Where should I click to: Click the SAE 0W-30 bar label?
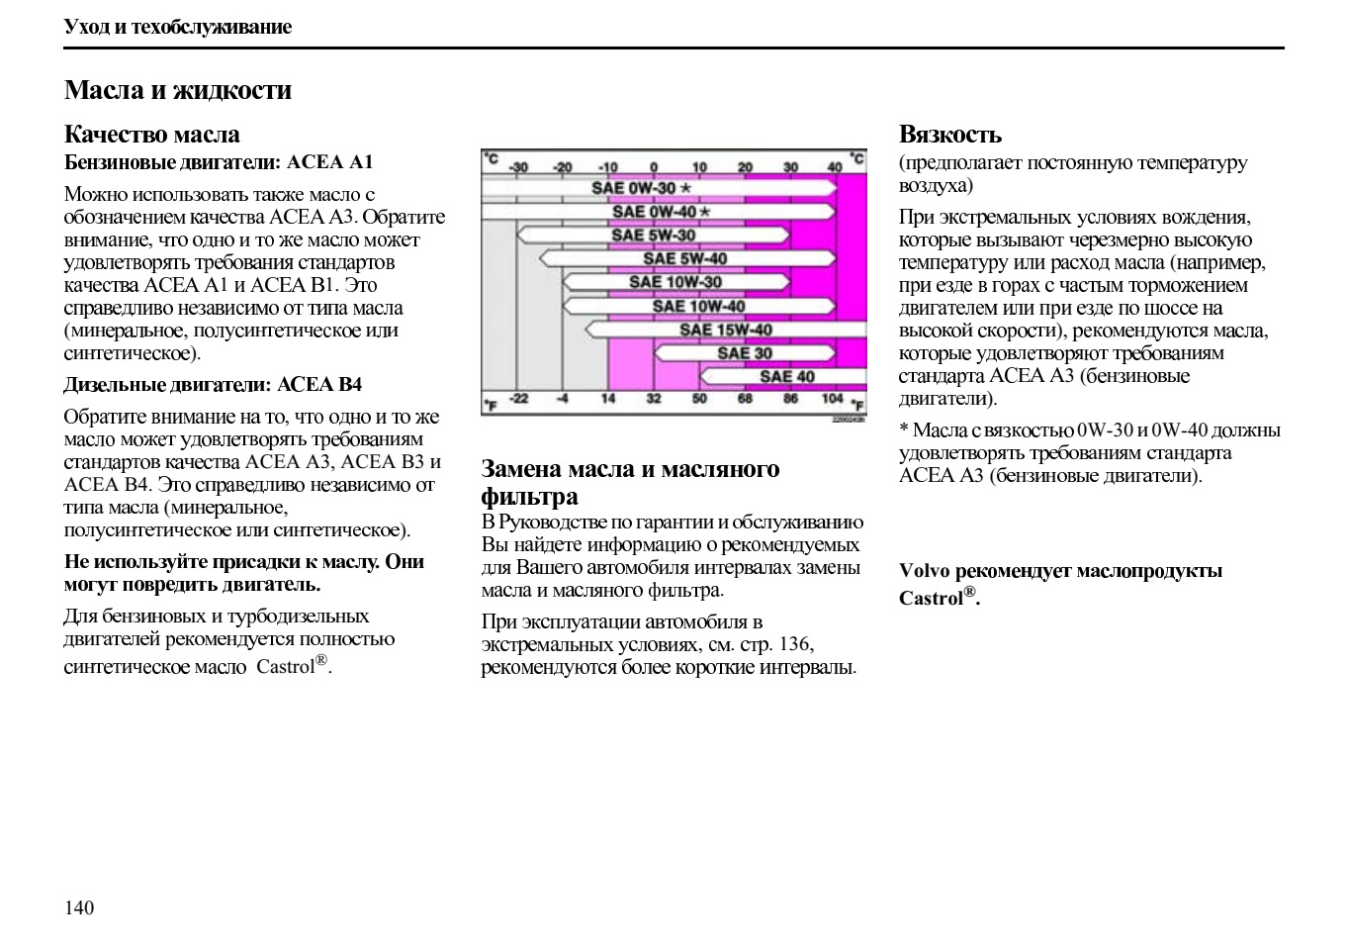click(634, 188)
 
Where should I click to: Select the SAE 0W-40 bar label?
click(654, 212)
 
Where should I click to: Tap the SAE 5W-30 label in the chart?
click(653, 236)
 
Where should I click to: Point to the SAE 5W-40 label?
click(684, 259)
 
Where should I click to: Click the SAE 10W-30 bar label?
click(675, 282)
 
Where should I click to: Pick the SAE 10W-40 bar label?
click(698, 306)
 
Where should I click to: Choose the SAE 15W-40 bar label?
click(725, 330)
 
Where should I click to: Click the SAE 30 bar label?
click(745, 353)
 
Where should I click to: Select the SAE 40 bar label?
click(786, 377)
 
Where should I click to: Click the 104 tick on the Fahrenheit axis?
click(832, 399)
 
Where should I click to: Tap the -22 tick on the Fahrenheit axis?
click(518, 399)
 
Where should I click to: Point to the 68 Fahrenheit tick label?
click(745, 399)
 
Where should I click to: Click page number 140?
click(79, 907)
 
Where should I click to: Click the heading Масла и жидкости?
click(178, 90)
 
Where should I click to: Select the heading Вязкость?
click(949, 135)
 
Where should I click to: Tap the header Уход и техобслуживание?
click(178, 27)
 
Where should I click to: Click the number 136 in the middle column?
click(794, 644)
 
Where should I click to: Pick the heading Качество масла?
click(152, 135)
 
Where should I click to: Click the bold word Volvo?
click(924, 571)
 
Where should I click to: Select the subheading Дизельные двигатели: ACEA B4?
click(213, 385)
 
